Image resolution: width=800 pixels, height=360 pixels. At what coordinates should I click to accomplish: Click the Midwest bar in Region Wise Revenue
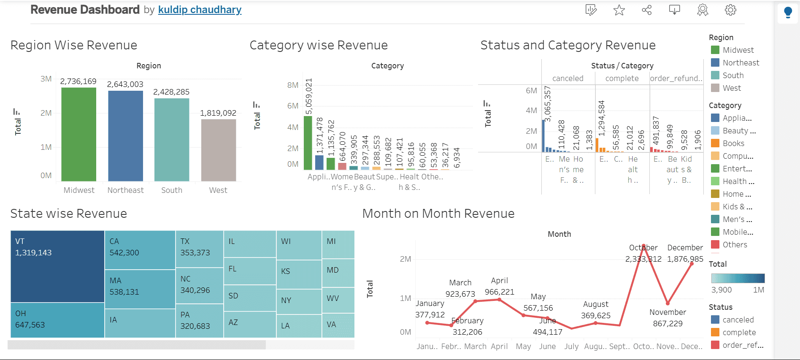pos(78,135)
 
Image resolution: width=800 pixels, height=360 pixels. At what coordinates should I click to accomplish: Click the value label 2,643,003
pos(125,84)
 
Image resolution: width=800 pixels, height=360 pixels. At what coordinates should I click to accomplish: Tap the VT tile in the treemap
pos(57,266)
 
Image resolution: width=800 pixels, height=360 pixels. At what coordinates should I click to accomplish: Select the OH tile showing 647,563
pos(57,320)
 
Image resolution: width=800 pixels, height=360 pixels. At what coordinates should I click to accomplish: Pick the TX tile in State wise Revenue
pos(199,248)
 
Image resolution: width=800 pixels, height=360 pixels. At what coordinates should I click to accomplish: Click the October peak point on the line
pos(643,246)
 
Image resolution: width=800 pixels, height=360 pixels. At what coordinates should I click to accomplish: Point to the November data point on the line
pos(668,303)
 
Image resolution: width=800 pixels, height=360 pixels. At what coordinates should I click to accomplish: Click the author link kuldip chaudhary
pos(200,10)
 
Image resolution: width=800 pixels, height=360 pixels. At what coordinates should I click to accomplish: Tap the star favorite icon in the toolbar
pos(619,10)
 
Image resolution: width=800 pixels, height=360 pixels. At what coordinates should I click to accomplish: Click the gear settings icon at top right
pos(730,10)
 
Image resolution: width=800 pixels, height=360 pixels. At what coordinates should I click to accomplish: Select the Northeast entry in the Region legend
pos(741,63)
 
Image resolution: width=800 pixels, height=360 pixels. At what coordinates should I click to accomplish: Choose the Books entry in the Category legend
pos(733,143)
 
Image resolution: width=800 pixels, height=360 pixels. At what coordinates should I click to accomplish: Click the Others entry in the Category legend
pos(735,245)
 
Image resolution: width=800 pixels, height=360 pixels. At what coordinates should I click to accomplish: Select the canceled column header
pos(568,78)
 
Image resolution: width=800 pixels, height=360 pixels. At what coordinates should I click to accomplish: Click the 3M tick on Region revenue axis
pos(46,79)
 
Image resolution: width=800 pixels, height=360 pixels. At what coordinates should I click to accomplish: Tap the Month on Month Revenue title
pos(438,214)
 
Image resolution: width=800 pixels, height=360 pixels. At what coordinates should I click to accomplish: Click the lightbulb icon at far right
pos(788,12)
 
